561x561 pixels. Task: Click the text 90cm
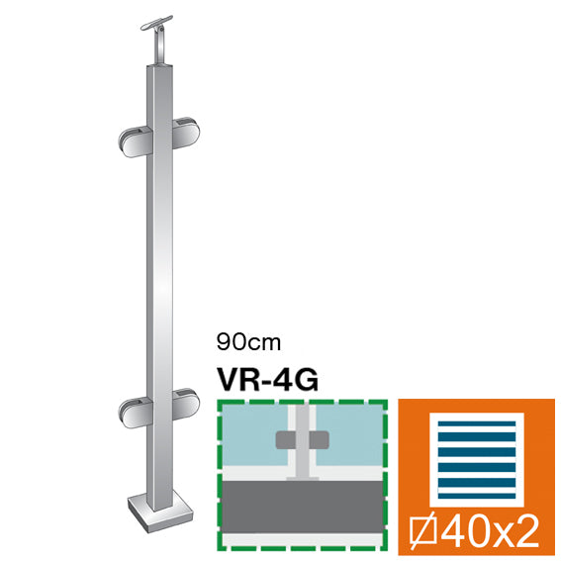[x=249, y=342]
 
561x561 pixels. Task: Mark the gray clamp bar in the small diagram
[x=300, y=455]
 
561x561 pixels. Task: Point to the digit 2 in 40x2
[x=527, y=531]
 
